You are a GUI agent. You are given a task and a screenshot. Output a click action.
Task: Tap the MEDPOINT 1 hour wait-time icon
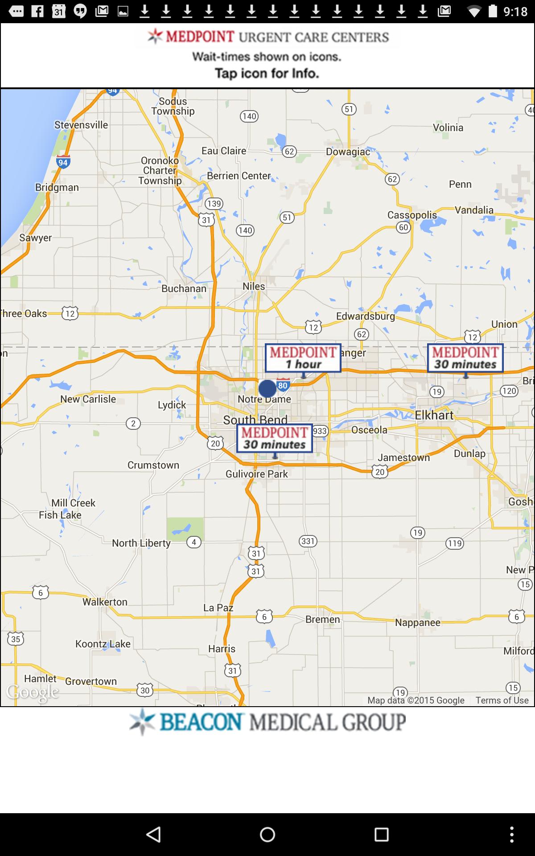click(303, 358)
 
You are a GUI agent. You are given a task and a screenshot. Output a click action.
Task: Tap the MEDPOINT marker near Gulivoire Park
click(274, 438)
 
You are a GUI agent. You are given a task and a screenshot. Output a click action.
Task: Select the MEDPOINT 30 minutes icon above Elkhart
click(465, 358)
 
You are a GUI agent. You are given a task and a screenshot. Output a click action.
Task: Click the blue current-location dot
click(267, 389)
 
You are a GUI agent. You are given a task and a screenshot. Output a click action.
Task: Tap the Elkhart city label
click(434, 415)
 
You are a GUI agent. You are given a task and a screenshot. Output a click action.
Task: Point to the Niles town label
click(254, 286)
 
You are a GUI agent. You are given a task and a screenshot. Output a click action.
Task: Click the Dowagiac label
click(348, 152)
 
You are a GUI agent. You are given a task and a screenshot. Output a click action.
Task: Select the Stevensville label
click(81, 125)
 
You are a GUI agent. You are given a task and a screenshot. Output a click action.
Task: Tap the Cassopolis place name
click(412, 215)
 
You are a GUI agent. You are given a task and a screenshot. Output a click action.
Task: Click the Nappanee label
click(418, 622)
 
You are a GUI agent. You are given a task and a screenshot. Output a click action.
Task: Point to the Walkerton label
click(105, 602)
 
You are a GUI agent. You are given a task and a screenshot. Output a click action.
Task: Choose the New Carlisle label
click(88, 399)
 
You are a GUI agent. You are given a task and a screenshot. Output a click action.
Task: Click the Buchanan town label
click(184, 288)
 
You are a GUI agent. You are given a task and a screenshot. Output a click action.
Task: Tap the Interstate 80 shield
click(283, 385)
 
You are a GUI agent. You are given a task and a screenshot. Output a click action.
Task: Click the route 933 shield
click(320, 431)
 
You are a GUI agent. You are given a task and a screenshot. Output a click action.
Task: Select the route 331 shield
click(308, 541)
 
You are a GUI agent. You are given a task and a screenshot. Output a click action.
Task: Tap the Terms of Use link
click(502, 700)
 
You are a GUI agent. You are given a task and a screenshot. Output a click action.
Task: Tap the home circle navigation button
click(267, 835)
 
